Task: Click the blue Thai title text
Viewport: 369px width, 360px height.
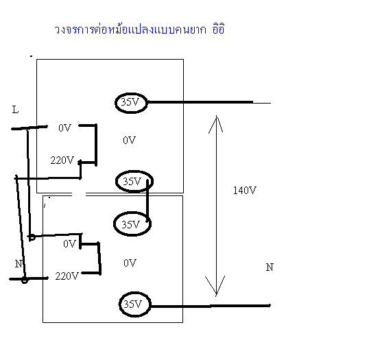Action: [x=139, y=29]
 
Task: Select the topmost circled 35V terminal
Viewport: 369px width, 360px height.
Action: [x=131, y=103]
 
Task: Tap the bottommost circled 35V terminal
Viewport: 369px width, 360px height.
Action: [x=134, y=304]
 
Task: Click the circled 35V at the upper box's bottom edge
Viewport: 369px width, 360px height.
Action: [x=134, y=181]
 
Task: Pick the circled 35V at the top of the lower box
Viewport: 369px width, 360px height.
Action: [x=132, y=224]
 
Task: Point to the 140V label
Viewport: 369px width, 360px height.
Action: [x=244, y=190]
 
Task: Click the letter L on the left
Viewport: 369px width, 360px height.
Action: [x=15, y=110]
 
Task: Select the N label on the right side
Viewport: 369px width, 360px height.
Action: [x=270, y=267]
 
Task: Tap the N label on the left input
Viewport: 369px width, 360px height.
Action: [x=19, y=264]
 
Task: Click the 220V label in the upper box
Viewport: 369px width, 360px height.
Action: [x=62, y=160]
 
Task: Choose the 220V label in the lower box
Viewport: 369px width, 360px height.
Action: [x=67, y=276]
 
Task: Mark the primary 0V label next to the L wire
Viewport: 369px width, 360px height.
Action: [x=64, y=128]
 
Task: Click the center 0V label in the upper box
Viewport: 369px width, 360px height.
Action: [x=129, y=141]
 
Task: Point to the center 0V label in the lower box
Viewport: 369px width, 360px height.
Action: [x=130, y=263]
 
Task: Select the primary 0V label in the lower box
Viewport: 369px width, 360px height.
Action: [x=70, y=243]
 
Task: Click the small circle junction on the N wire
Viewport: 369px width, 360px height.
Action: [x=25, y=280]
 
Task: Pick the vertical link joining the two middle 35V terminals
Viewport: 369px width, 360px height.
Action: [x=147, y=201]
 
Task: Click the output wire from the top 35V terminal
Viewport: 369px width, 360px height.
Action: [x=209, y=102]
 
